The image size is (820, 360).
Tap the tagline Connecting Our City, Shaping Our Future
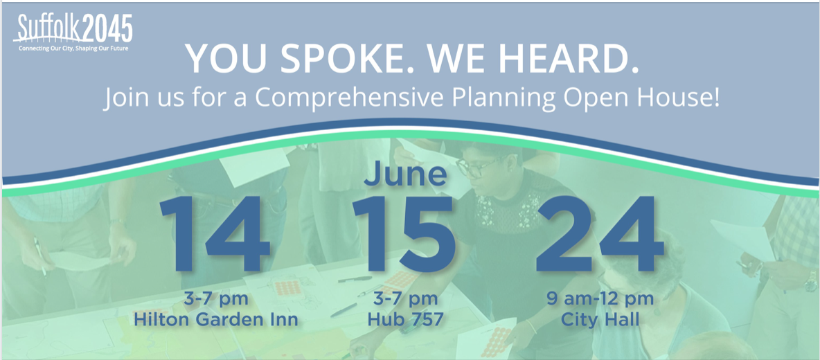click(x=73, y=48)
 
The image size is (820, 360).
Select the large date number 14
click(x=215, y=235)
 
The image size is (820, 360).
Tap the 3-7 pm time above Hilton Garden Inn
click(x=216, y=300)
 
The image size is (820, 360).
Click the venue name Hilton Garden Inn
click(x=216, y=319)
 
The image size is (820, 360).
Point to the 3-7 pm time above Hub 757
click(x=404, y=300)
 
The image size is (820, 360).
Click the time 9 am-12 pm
click(x=600, y=300)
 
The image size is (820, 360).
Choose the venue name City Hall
click(x=600, y=319)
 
